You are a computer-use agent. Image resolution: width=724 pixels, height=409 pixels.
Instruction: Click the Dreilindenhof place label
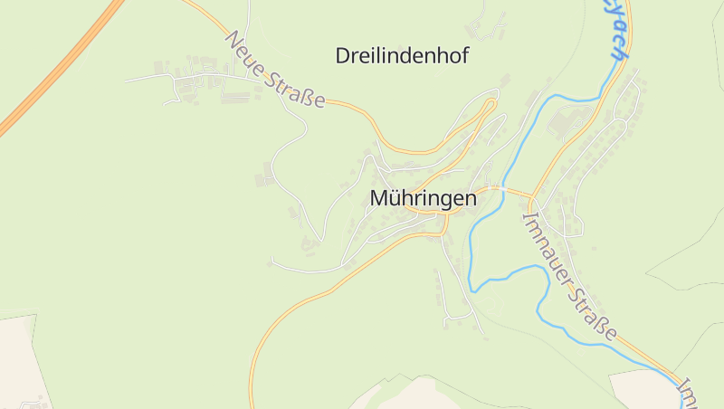point(402,56)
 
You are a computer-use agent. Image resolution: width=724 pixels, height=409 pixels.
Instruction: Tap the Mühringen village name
point(424,198)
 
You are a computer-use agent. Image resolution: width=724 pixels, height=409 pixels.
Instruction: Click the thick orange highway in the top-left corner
point(54,72)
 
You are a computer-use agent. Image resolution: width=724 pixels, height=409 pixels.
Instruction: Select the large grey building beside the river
point(567,119)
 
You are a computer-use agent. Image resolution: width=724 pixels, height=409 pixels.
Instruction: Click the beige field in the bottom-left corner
point(18,362)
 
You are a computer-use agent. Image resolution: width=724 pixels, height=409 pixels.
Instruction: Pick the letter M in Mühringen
point(379,198)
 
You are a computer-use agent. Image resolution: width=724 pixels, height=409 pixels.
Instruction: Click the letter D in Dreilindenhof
point(343,56)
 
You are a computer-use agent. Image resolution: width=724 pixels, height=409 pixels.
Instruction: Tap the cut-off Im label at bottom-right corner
point(690,392)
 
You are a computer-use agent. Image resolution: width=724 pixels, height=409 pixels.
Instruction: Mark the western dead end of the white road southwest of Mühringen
point(271,263)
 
